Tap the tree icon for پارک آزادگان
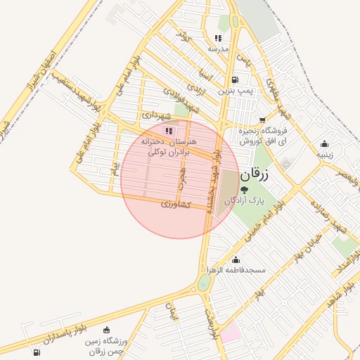tap(244, 189)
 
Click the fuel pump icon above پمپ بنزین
tap(234, 79)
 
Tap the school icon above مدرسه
tap(218, 38)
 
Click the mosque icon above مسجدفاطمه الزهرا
tap(235, 259)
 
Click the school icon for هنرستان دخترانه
tap(168, 131)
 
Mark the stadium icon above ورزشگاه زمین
tap(106, 330)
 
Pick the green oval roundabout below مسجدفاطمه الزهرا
tap(204, 283)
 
